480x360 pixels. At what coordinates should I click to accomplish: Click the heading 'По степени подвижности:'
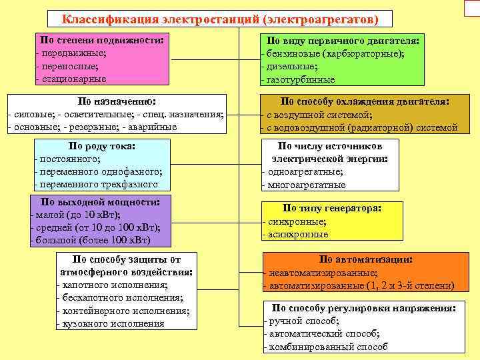(x=101, y=39)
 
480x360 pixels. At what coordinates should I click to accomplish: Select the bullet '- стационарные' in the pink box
(x=71, y=79)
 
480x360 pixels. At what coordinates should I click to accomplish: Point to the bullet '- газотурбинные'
(x=297, y=79)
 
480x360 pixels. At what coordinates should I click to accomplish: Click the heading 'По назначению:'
(x=117, y=101)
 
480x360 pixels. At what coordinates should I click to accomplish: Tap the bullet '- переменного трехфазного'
(x=96, y=185)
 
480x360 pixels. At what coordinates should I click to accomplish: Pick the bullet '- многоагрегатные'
(x=304, y=185)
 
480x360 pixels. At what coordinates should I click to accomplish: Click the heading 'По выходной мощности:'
(x=100, y=201)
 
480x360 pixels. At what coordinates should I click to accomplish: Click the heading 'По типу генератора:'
(x=331, y=208)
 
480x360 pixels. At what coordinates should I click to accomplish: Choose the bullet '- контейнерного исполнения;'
(x=123, y=311)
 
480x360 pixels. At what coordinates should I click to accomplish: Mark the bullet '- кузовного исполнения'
(x=111, y=324)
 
